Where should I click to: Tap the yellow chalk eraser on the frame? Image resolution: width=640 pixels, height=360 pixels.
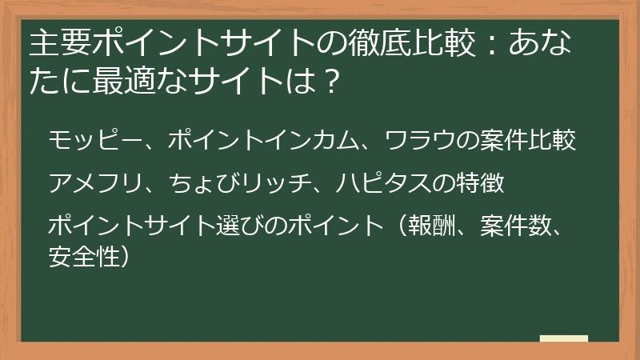[563, 338]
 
